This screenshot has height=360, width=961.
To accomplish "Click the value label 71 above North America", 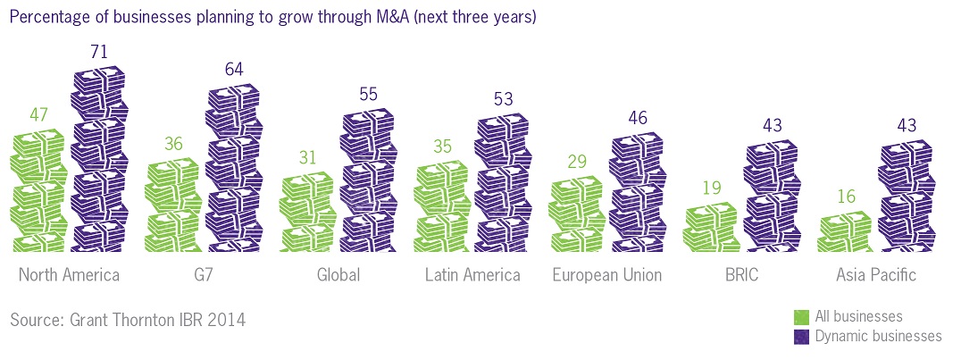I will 99,54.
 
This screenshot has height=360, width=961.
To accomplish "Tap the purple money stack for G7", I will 233,170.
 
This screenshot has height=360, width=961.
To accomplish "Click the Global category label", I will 338,275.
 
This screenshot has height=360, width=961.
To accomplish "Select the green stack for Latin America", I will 444,207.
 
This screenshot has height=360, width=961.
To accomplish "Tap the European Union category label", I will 607,275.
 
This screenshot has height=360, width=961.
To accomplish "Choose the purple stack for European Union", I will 637,193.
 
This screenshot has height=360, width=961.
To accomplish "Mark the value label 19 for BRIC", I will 712,189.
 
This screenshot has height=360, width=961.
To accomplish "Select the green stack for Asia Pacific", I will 844,233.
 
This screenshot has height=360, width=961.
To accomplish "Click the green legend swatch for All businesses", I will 802,317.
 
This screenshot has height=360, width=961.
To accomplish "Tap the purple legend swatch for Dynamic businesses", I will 802,336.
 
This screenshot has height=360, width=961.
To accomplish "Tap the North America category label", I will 69,275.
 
